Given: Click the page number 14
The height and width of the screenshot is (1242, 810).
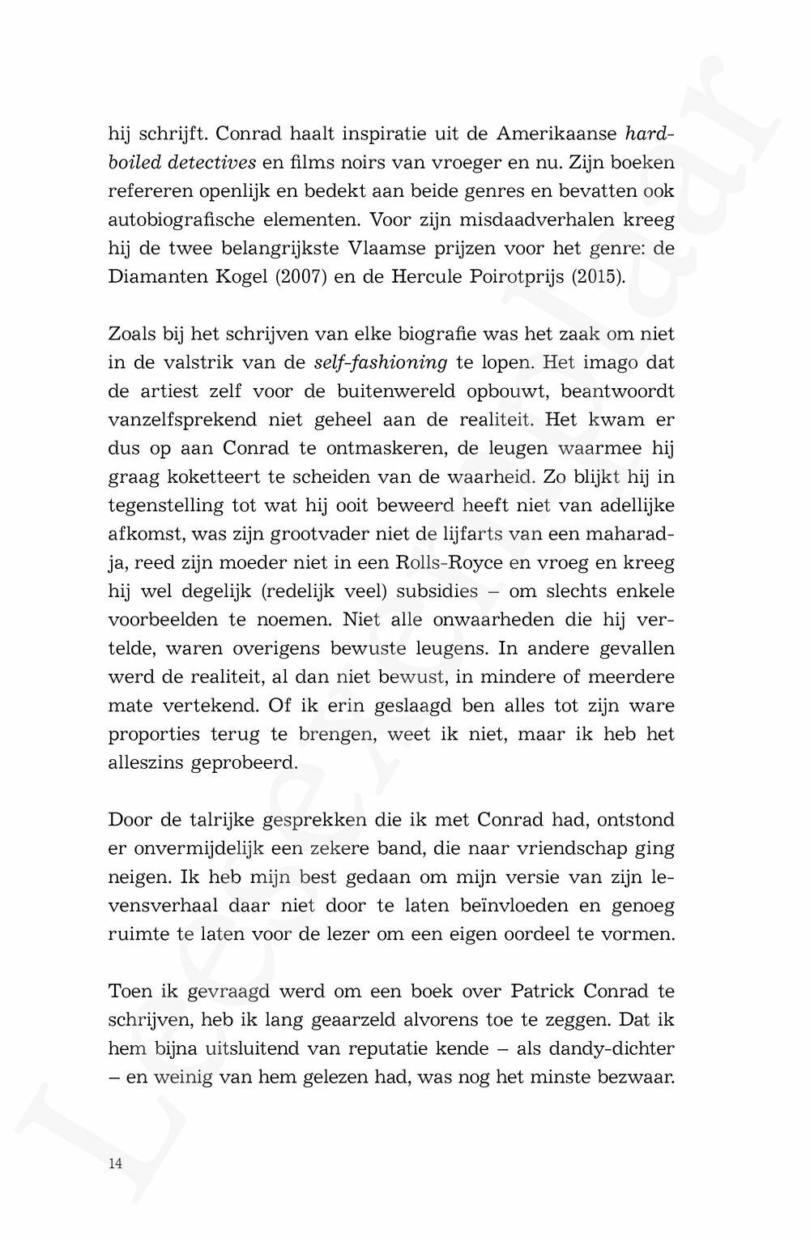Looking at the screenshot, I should pyautogui.click(x=115, y=1163).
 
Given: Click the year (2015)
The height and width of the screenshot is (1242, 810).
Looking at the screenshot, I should pyautogui.click(x=598, y=276).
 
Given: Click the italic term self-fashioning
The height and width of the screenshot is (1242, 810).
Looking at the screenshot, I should pyautogui.click(x=380, y=362).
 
